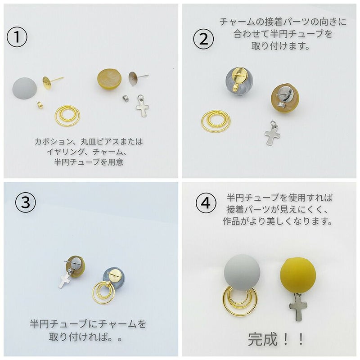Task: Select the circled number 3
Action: pyautogui.click(x=25, y=203)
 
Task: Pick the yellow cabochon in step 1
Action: pyautogui.click(x=109, y=79)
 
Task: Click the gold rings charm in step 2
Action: pyautogui.click(x=216, y=121)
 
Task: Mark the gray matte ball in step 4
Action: pyautogui.click(x=242, y=272)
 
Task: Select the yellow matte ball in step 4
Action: pyautogui.click(x=298, y=274)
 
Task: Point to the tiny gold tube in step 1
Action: pyautogui.click(x=39, y=104)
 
